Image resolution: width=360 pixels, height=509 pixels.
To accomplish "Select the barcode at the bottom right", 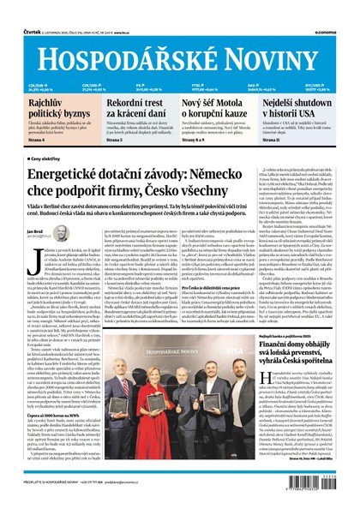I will pos(333,489).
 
